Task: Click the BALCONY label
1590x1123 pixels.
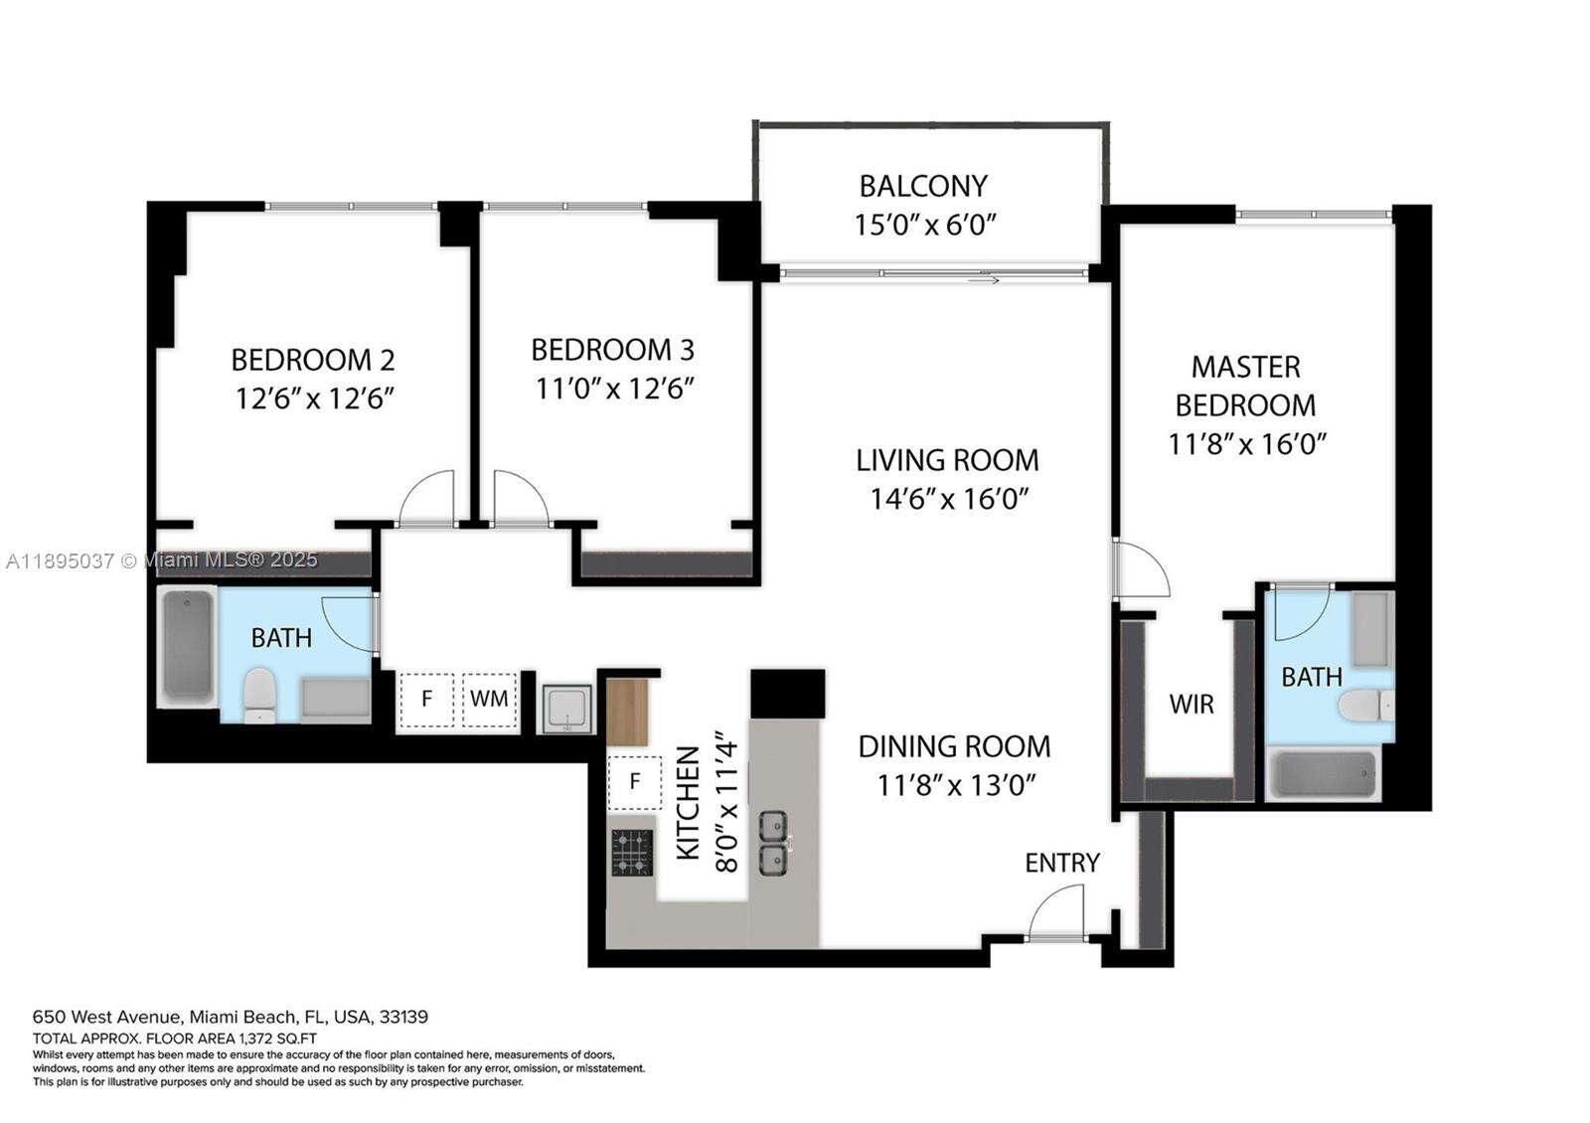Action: pyautogui.click(x=923, y=186)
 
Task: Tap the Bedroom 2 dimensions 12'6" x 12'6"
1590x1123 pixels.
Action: pyautogui.click(x=315, y=399)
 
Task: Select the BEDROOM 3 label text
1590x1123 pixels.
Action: pyautogui.click(x=612, y=350)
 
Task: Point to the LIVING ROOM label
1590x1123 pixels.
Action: pyautogui.click(x=947, y=460)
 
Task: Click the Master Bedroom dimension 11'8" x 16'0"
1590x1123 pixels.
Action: pyautogui.click(x=1247, y=443)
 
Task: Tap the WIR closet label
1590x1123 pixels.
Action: pyautogui.click(x=1191, y=705)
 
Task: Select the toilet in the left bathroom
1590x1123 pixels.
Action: pyautogui.click(x=259, y=695)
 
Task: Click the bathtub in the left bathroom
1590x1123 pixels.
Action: pyautogui.click(x=189, y=646)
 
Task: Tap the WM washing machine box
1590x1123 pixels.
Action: pyautogui.click(x=489, y=699)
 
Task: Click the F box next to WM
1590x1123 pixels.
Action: pyautogui.click(x=426, y=699)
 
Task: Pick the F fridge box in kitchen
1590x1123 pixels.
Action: pyautogui.click(x=634, y=781)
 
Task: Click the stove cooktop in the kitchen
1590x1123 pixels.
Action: pyautogui.click(x=632, y=853)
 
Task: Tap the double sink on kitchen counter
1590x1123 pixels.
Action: pyautogui.click(x=774, y=842)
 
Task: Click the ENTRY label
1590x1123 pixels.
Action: pyautogui.click(x=1061, y=863)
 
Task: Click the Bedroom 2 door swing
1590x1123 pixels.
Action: pyautogui.click(x=427, y=497)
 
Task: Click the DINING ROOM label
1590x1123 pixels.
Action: pyautogui.click(x=954, y=746)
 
